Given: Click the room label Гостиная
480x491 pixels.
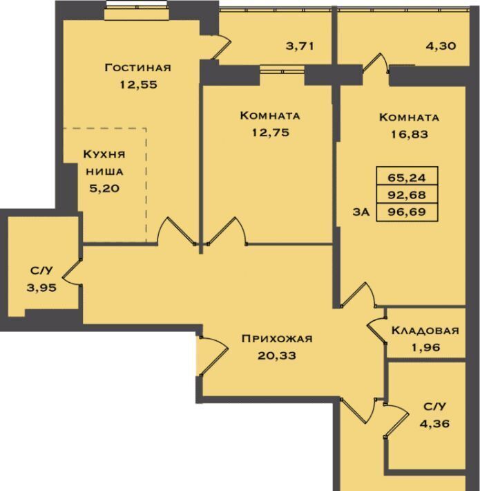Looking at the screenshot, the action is pos(138,68).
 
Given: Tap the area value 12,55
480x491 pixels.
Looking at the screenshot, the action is pos(139,84).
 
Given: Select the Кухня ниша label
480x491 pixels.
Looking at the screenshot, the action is pos(104,163).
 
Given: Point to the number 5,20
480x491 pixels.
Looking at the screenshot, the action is pos(104,189).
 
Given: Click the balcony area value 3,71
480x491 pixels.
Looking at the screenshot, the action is pos(300,46).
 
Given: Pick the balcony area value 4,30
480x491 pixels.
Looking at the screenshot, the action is pos(441,46).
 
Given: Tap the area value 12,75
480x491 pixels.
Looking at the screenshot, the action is pos(271,133).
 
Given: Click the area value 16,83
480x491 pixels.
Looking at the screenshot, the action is pos(410,134).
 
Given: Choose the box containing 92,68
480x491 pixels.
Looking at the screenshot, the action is pos(407,194).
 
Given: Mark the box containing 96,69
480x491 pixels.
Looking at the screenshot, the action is pos(407,212).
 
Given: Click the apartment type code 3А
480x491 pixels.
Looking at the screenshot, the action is pos(361,212).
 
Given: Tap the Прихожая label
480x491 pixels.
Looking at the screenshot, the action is pos(277,338).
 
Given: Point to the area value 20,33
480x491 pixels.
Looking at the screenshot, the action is pos(277,355).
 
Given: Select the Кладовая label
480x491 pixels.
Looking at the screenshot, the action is pos(425,331).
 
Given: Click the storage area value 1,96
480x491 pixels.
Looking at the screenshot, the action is pos(425,347).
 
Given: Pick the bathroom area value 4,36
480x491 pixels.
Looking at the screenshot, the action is pos(434,424).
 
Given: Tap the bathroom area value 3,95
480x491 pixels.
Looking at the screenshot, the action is pos(41,288).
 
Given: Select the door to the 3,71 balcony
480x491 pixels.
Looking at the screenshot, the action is pos(222,46).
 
